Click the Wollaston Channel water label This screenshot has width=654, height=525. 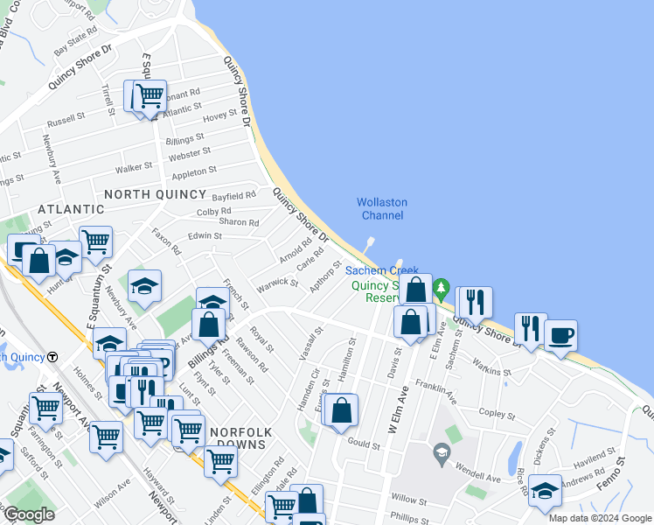[x=382, y=209]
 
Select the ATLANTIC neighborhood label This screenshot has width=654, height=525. [x=71, y=209]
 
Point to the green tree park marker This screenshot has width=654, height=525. [x=442, y=287]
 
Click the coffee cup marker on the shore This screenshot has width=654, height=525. [x=560, y=334]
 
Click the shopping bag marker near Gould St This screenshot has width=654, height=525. [x=341, y=409]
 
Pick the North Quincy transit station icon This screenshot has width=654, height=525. [x=52, y=357]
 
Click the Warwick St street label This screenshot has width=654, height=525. [x=277, y=283]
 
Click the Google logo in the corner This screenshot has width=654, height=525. [x=29, y=514]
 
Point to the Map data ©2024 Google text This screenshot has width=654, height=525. [x=600, y=518]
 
